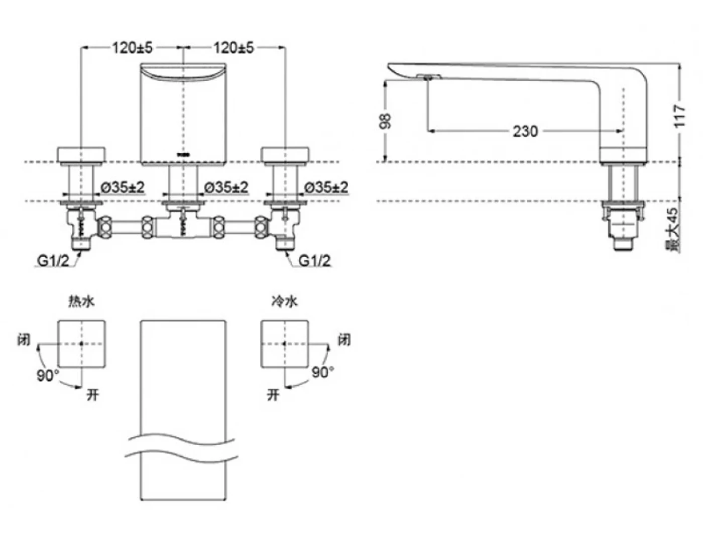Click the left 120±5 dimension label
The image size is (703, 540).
[x=132, y=48]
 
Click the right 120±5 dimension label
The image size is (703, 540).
[x=234, y=48]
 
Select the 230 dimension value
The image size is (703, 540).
[x=525, y=131]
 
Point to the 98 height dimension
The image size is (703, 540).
[x=386, y=121]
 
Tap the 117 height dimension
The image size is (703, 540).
[x=679, y=116]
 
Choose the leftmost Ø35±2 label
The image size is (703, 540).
[x=123, y=187]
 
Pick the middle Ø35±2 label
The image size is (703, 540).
[x=226, y=187]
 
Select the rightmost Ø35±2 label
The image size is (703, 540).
[x=326, y=187]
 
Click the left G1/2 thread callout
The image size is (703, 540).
[x=52, y=261]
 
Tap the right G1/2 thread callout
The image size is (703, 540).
[x=315, y=261]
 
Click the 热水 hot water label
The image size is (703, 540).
[x=81, y=301]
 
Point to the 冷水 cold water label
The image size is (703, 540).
[x=284, y=301]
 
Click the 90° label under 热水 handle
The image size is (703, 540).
[x=47, y=375]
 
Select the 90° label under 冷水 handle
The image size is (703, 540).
[x=322, y=372]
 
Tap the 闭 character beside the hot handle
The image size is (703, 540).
[x=24, y=340]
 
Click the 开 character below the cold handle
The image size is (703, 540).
[x=273, y=395]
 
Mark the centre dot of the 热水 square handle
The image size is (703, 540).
[x=82, y=344]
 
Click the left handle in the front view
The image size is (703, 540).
[x=82, y=155]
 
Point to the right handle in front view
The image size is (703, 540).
[x=285, y=155]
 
